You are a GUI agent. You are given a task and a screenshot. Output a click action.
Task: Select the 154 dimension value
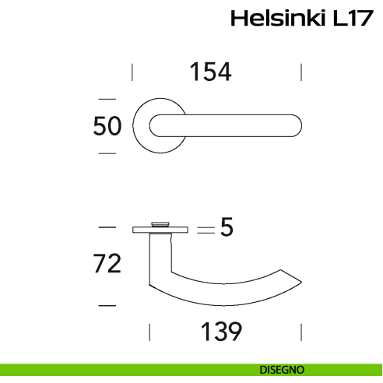210,72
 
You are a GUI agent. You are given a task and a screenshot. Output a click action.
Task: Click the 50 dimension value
107,126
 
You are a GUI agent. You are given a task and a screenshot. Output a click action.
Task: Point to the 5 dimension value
227,228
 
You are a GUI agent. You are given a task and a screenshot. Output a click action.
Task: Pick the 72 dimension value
107,264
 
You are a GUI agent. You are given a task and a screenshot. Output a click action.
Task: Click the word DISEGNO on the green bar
283,369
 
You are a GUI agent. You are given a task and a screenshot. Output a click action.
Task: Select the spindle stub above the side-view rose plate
160,223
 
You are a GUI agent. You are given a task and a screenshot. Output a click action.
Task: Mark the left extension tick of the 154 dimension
132,72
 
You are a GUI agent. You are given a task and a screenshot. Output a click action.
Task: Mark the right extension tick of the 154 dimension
301,72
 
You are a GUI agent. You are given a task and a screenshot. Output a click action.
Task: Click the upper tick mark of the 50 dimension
107,99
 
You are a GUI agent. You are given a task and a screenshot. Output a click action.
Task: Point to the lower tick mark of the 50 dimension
107,153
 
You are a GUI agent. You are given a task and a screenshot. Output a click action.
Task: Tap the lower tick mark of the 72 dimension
107,304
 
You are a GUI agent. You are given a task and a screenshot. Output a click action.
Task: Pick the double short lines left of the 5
205,230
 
